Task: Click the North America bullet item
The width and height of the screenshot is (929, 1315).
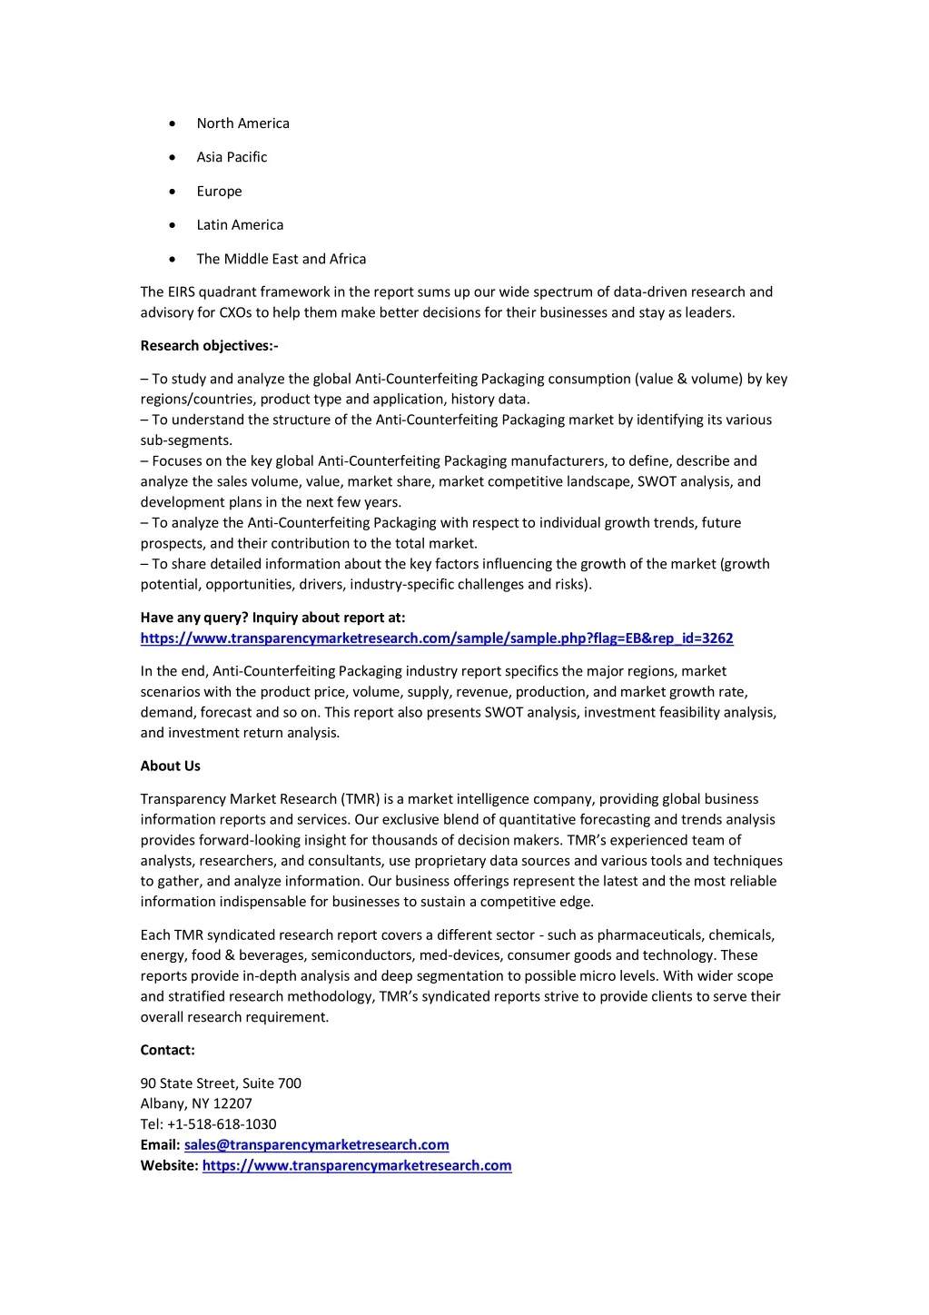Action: [x=242, y=124]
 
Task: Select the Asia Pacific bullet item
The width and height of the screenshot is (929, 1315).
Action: [x=232, y=157]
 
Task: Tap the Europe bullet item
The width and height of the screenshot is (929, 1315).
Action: [x=219, y=192]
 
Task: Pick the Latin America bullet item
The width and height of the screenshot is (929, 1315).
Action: [x=240, y=225]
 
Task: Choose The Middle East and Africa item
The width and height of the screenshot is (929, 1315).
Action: [x=282, y=259]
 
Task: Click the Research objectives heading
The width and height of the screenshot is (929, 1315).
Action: [x=209, y=346]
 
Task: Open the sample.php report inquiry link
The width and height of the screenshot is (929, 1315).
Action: [x=437, y=638]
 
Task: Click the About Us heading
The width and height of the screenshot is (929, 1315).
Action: [x=170, y=766]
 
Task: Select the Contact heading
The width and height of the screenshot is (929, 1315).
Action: [x=167, y=1051]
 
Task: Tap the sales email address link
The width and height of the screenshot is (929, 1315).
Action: [x=316, y=1145]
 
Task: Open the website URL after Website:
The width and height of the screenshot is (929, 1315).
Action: [x=357, y=1166]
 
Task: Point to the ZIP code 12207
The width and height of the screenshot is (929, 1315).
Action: [x=232, y=1104]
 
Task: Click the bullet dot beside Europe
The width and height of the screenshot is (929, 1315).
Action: [x=173, y=192]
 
